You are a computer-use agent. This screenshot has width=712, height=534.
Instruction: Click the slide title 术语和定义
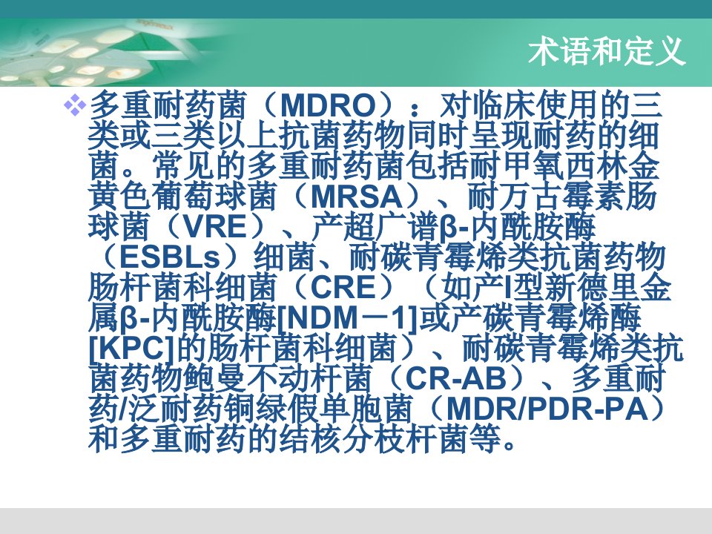coord(607,51)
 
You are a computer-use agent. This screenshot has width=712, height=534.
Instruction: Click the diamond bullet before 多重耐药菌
coord(75,107)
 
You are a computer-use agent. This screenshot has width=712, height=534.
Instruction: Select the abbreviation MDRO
coord(328,106)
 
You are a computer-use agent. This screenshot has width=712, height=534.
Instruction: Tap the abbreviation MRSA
coord(357,197)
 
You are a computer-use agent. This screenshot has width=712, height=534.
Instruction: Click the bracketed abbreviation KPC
coord(132,349)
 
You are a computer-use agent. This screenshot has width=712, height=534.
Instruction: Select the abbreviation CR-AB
coord(455,379)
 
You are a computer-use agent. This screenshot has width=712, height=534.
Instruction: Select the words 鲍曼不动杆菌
coord(264,379)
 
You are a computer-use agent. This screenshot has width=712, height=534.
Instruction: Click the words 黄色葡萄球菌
coord(182,197)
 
